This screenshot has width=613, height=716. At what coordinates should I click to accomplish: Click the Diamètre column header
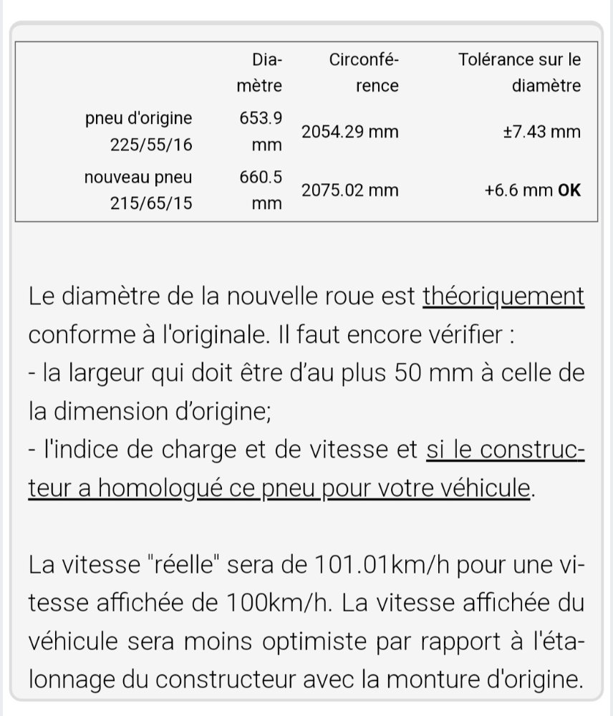259,73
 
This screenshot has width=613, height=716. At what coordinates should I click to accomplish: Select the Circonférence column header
363,73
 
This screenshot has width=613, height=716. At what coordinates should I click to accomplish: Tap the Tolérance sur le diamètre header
519,73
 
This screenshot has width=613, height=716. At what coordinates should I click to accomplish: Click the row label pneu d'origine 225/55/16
138,131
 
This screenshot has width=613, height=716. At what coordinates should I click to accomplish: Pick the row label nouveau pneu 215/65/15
138,190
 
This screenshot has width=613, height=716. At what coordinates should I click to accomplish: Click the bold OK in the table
569,190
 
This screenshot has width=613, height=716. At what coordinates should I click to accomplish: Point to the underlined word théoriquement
503,296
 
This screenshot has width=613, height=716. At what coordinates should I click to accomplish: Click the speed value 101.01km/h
380,566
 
